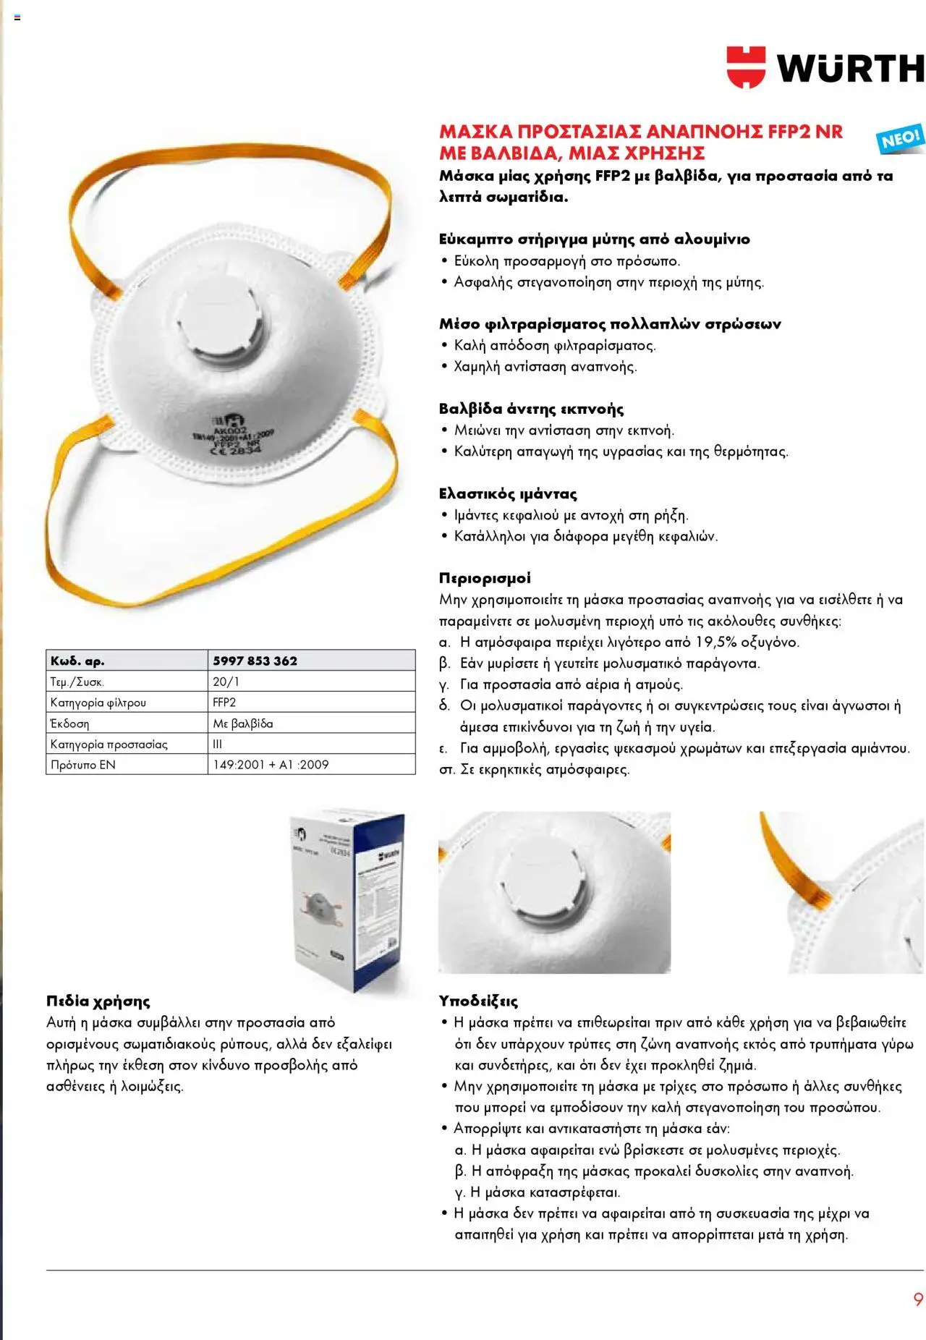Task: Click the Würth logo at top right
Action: tap(825, 67)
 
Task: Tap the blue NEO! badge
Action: tap(900, 138)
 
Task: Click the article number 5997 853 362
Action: tap(255, 661)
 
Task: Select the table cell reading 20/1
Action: tap(226, 682)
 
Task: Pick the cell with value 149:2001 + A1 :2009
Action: tap(271, 765)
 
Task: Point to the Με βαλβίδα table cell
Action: tap(243, 724)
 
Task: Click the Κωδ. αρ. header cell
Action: tap(77, 661)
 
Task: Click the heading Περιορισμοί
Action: tap(485, 578)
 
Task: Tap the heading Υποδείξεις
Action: tap(478, 1001)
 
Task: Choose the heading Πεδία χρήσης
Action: tap(98, 1001)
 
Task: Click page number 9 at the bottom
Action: tap(918, 1299)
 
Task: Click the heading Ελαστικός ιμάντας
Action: tap(508, 494)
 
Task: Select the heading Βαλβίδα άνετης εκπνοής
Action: tap(531, 409)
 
